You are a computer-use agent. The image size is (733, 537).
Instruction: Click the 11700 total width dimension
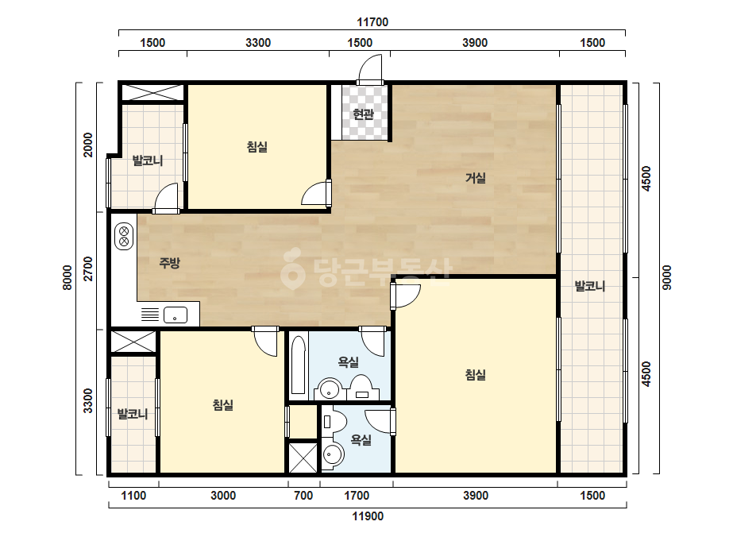(x=372, y=22)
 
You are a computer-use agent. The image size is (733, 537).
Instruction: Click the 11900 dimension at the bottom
(x=368, y=516)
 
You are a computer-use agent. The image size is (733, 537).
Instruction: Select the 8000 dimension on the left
(x=68, y=277)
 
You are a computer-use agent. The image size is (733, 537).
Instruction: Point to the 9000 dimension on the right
(x=667, y=277)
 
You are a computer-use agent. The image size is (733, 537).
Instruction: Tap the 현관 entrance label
(x=363, y=114)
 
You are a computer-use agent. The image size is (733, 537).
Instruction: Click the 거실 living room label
(x=476, y=178)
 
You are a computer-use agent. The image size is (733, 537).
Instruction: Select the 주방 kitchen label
(x=169, y=263)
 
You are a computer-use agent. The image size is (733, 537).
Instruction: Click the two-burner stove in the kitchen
(x=124, y=236)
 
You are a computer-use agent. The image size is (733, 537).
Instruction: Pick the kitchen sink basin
(x=176, y=315)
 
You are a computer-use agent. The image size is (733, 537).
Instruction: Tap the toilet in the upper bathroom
(x=361, y=388)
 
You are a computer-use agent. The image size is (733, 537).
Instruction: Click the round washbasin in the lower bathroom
(x=333, y=454)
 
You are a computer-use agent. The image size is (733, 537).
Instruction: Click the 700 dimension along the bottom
(x=303, y=496)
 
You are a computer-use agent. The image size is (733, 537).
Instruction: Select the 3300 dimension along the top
(x=258, y=43)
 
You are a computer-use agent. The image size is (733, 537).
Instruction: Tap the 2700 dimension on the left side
(x=88, y=268)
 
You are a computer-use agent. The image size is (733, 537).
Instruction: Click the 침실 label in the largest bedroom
(x=476, y=375)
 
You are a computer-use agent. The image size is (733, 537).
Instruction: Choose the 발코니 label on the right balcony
(x=590, y=286)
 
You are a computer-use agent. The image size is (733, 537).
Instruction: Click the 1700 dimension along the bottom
(x=357, y=496)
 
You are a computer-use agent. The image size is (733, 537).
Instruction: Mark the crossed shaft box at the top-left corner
(x=152, y=92)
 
